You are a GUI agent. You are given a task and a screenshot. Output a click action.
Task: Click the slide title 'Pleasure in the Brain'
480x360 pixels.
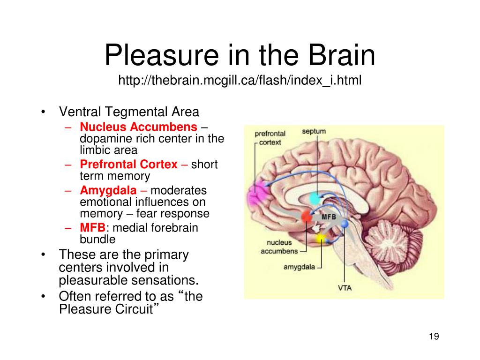[240, 56]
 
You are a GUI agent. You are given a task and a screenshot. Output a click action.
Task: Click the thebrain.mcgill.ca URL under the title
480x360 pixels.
[240, 81]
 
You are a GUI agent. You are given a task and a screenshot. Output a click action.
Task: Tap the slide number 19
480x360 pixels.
[433, 337]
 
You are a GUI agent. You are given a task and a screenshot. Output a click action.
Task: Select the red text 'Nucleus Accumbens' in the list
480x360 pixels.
[139, 127]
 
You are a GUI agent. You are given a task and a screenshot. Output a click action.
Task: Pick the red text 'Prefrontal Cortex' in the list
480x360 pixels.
[129, 165]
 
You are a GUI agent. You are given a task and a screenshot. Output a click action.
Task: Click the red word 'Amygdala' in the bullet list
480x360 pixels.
[108, 191]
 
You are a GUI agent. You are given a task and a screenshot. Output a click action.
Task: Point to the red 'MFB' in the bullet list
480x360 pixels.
[93, 228]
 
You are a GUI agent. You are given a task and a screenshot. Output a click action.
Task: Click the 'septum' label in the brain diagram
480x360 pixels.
[314, 131]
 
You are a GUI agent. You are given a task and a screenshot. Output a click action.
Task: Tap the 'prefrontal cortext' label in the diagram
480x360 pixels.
[270, 137]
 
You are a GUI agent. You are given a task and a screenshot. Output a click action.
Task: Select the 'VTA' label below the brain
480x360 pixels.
[345, 287]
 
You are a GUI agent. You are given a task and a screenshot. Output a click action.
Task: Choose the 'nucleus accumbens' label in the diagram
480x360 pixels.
[279, 247]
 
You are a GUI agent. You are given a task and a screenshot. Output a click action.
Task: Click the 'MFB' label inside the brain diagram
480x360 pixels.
[329, 217]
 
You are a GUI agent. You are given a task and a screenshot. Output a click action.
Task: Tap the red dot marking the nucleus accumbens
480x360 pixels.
[307, 217]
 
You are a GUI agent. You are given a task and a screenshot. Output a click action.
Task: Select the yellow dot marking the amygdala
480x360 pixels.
[321, 239]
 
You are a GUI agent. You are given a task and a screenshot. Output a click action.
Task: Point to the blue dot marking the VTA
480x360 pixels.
[345, 224]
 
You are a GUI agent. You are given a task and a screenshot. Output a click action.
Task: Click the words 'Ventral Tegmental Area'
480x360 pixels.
[129, 112]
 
